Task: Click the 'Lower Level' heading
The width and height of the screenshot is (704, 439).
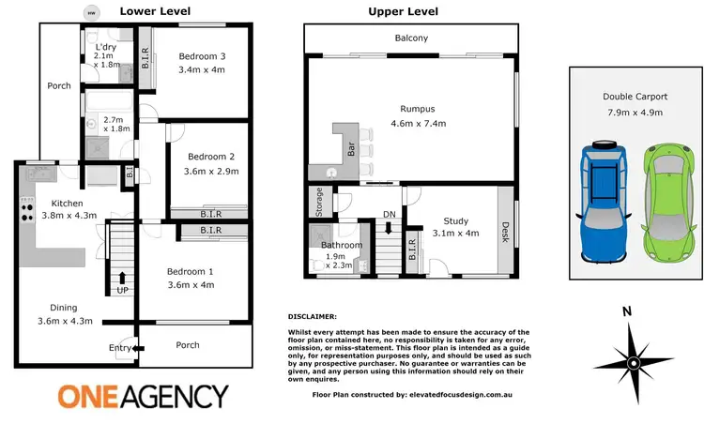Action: pos(156,12)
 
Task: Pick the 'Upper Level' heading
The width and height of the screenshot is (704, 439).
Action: pos(403,12)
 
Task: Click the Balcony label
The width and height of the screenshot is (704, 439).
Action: pos(410,38)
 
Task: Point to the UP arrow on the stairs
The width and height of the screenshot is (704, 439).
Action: pos(122,278)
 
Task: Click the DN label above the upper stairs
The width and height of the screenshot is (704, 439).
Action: pos(389,215)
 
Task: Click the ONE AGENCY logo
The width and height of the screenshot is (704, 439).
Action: pos(143,397)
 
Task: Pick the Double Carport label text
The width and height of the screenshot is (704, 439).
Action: pos(634,97)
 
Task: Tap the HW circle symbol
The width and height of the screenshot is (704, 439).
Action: pos(91,13)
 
